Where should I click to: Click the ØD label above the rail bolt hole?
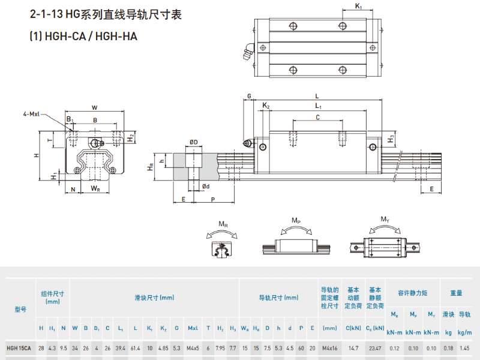(194, 142)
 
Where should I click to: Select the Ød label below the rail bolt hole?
(205, 186)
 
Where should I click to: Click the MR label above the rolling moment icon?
(223, 224)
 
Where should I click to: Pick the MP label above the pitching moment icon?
(296, 221)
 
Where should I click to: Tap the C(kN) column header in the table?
(353, 328)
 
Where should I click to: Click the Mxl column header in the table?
(193, 328)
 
